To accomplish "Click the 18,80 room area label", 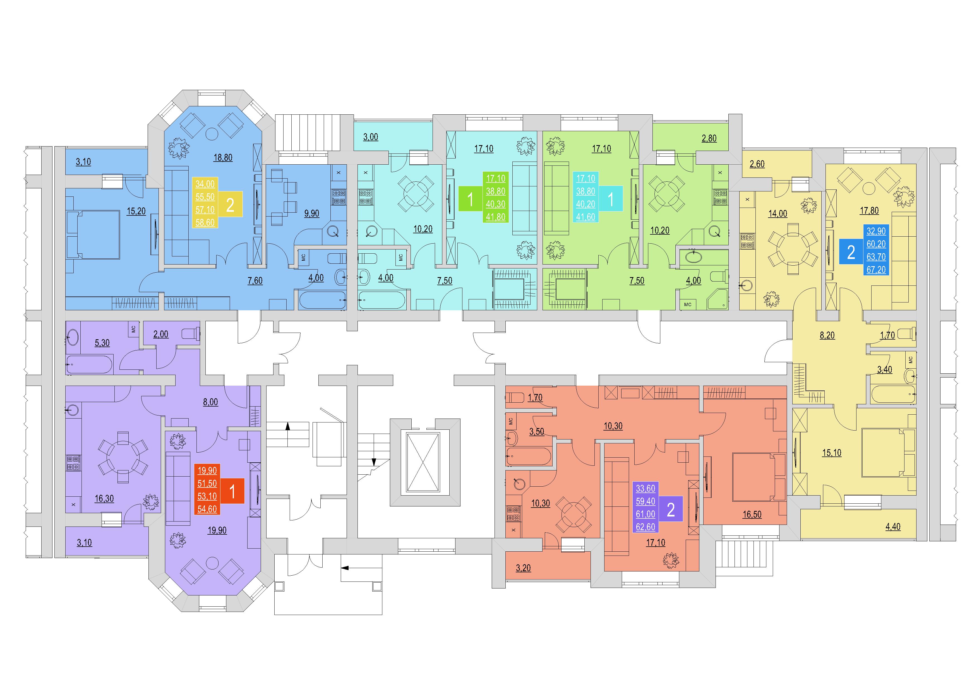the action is pyautogui.click(x=223, y=158).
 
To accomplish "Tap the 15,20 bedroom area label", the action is pyautogui.click(x=136, y=211).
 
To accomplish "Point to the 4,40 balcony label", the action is pyautogui.click(x=893, y=527).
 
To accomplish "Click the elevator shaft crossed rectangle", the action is pyautogui.click(x=423, y=462).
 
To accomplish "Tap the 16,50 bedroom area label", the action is pyautogui.click(x=752, y=514).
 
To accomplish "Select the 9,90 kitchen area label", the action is pyautogui.click(x=312, y=213).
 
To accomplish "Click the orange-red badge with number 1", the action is pyautogui.click(x=232, y=491).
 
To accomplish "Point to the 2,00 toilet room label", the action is pyautogui.click(x=161, y=334).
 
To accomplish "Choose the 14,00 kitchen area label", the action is pyautogui.click(x=778, y=214).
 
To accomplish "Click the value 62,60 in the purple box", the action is pyautogui.click(x=645, y=527).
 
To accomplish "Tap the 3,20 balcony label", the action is pyautogui.click(x=523, y=568).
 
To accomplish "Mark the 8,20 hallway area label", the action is pyautogui.click(x=827, y=335).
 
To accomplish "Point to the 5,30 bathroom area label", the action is pyautogui.click(x=102, y=343).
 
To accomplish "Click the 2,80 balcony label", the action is pyautogui.click(x=709, y=138).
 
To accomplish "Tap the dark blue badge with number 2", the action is pyautogui.click(x=851, y=252).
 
